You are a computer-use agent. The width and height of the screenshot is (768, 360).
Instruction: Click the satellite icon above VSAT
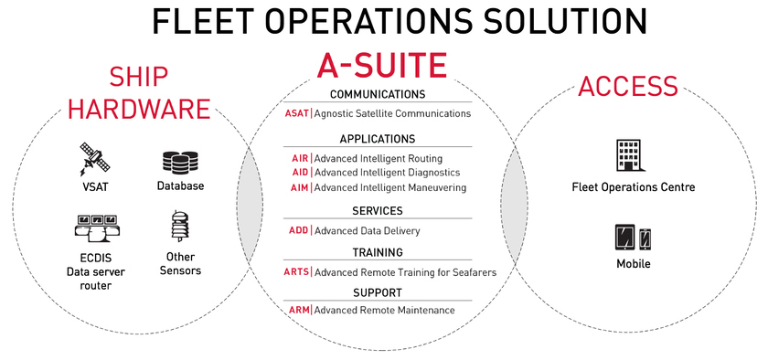tap(94, 160)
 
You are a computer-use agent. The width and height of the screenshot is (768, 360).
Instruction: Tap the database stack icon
tap(180, 163)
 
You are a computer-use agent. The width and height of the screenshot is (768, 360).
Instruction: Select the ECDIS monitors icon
tap(94, 226)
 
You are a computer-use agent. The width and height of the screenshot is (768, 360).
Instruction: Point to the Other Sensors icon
tap(179, 228)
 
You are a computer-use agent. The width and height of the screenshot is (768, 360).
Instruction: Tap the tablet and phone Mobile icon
tap(633, 237)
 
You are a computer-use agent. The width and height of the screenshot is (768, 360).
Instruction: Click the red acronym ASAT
tap(296, 114)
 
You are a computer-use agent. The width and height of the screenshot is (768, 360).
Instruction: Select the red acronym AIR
tap(300, 159)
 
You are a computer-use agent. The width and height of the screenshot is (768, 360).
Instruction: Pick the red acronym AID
tap(300, 173)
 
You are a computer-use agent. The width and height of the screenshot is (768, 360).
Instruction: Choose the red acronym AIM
tap(300, 187)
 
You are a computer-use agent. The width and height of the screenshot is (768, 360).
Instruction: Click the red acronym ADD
tap(299, 231)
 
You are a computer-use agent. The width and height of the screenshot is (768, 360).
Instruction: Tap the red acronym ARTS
tap(296, 272)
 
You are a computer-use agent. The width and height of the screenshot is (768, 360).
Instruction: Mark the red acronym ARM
tap(299, 311)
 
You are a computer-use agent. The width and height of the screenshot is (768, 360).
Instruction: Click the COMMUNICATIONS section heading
tap(377, 94)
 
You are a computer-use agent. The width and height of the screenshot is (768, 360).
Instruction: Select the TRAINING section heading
tap(378, 252)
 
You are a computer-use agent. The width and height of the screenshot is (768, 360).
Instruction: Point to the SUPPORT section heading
tap(378, 292)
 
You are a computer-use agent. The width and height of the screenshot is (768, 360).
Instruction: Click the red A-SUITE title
tap(381, 65)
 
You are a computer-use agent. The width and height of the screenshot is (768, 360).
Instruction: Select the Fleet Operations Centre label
tap(633, 187)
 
